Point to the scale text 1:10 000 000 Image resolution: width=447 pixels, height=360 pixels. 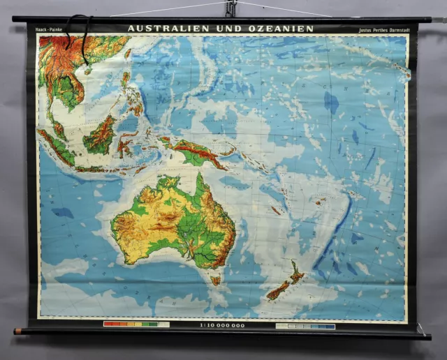tap(222, 325)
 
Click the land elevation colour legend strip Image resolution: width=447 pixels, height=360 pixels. tap(136, 324)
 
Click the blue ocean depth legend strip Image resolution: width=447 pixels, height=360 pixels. tap(305, 326)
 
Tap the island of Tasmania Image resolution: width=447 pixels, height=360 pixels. tap(216, 280)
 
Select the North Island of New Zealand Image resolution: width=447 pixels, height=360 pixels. tap(296, 274)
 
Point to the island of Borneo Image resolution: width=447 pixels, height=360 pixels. tap(99, 137)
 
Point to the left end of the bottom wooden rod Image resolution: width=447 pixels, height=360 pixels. tap(17, 331)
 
